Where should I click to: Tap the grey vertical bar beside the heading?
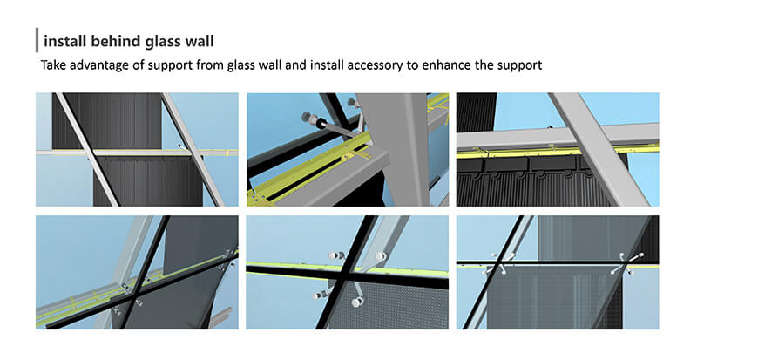click(37, 40)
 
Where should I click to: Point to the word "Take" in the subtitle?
click(52, 65)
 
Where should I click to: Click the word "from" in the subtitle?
click(210, 65)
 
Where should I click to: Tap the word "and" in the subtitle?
click(294, 65)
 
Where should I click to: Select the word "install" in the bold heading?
click(60, 42)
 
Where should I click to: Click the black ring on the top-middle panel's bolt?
click(319, 124)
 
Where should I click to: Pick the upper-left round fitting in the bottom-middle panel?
click(334, 255)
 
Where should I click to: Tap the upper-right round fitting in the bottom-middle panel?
click(382, 255)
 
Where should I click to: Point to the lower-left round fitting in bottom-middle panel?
click(318, 295)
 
